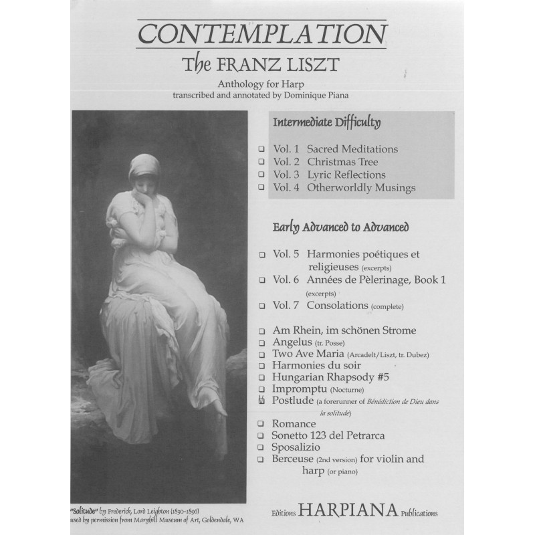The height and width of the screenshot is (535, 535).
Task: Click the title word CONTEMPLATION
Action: pos(262,33)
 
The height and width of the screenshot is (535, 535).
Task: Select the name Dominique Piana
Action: pos(319,95)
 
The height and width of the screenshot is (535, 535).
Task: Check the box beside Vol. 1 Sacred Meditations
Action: pos(261,149)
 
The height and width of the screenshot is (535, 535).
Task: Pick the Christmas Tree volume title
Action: pos(342,162)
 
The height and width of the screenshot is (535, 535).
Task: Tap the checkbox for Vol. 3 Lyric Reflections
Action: pos(261,175)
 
